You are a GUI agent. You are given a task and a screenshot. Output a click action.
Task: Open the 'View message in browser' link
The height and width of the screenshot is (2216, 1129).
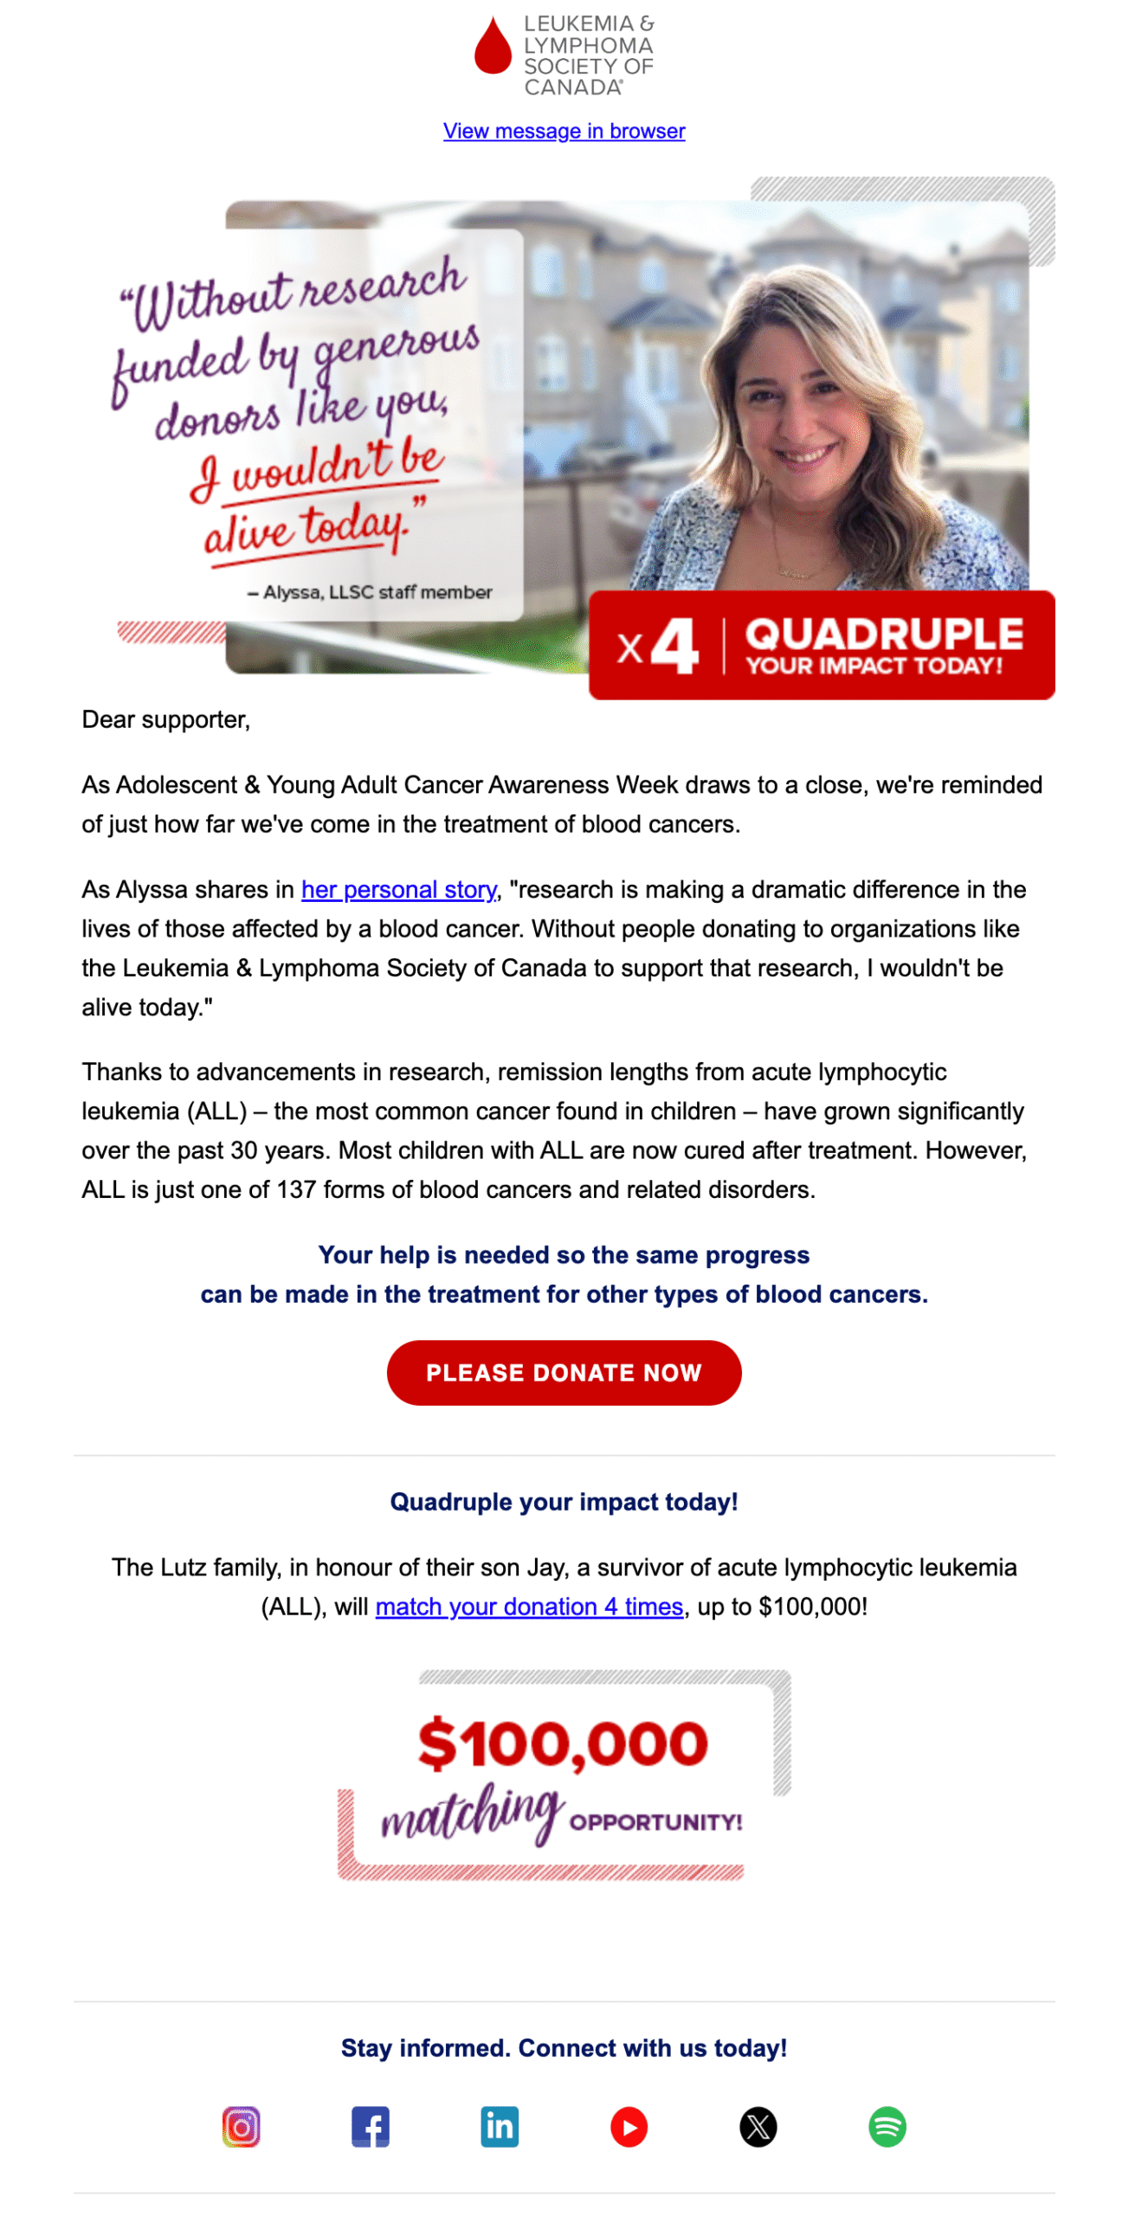[564, 131]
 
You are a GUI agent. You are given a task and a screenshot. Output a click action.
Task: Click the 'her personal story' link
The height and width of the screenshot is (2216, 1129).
[398, 889]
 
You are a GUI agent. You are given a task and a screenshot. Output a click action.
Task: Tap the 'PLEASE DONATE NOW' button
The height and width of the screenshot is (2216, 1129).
[564, 1372]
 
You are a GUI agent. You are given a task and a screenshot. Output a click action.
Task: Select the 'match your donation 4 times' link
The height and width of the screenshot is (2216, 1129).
[529, 1606]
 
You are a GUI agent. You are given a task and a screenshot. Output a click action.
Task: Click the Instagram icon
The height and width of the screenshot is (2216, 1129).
[241, 2126]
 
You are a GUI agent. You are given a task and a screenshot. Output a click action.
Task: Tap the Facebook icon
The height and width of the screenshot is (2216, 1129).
[371, 2126]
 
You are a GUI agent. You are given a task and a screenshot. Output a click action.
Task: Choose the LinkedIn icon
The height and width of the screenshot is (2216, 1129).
[500, 2126]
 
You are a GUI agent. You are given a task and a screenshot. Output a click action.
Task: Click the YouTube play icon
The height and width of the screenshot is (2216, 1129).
[629, 2126]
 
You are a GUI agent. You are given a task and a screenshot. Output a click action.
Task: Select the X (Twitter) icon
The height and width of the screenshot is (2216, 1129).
[758, 2126]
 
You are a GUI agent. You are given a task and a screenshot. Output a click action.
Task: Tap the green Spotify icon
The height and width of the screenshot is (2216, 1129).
[887, 2126]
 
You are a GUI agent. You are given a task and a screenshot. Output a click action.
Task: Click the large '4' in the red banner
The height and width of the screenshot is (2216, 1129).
[675, 646]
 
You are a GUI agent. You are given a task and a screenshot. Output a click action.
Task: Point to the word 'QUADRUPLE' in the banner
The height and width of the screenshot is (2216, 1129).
[884, 634]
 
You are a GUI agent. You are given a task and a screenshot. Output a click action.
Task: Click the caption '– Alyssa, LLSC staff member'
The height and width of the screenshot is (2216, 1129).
[370, 592]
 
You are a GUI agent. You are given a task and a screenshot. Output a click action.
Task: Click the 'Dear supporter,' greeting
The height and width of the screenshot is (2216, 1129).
[166, 719]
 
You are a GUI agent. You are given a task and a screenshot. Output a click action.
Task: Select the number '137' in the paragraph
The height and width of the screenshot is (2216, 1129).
[296, 1189]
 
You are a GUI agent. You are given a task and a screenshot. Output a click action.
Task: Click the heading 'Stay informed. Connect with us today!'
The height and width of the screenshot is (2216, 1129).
[564, 2047]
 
